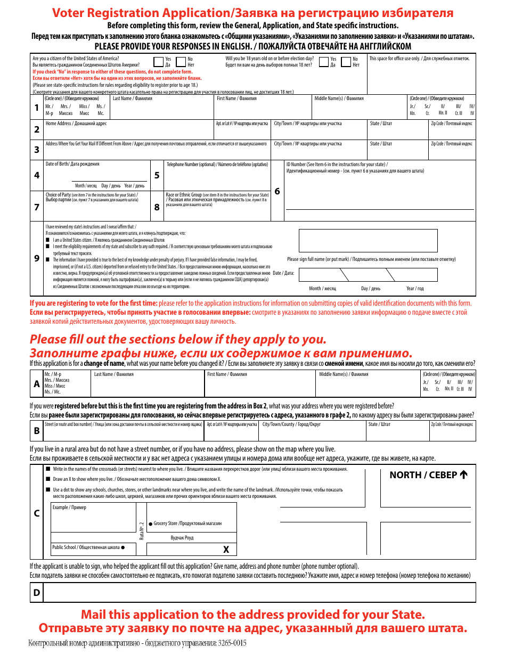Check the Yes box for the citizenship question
pyautogui.click(x=158, y=62)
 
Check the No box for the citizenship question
pyautogui.click(x=181, y=62)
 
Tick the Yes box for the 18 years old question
pyautogui.click(x=323, y=62)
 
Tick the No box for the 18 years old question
pyautogui.click(x=346, y=62)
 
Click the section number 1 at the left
pyautogui.click(x=36, y=108)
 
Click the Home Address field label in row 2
pyautogui.click(x=76, y=124)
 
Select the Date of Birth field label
pyautogui.click(x=72, y=164)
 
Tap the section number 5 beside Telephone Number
pyautogui.click(x=157, y=175)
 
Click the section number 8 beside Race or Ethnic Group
pyautogui.click(x=157, y=207)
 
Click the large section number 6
pyautogui.click(x=277, y=191)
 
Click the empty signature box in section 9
pyautogui.click(x=368, y=240)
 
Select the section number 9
pyautogui.click(x=36, y=258)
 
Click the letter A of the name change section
pyautogui.click(x=36, y=383)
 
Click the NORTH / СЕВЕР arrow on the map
pyautogui.click(x=463, y=474)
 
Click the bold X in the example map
pyautogui.click(x=226, y=550)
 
